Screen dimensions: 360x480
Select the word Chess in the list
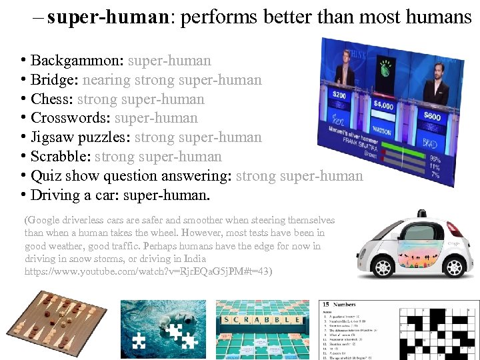click(x=51, y=99)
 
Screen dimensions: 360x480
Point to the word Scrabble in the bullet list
click(x=60, y=157)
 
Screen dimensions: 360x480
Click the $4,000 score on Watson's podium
click(x=383, y=105)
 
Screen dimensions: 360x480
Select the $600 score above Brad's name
click(x=431, y=117)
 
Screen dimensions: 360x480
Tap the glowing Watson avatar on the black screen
click(x=385, y=67)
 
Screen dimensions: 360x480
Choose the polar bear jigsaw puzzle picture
click(x=163, y=325)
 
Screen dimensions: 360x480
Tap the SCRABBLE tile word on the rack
click(x=263, y=320)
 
